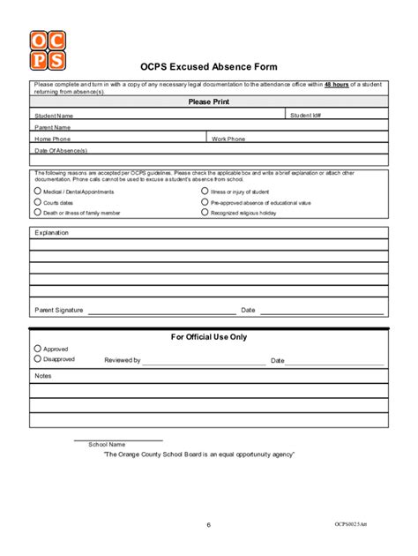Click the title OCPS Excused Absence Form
coord(208,67)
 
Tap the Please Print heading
coord(208,101)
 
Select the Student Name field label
coord(54,116)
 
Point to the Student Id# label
coord(306,115)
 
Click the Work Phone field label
coord(228,139)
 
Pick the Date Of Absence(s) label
coord(61,150)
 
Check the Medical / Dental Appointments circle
coord(37,191)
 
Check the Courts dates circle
coord(37,202)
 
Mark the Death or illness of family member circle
coord(37,213)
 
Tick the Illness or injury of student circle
coord(205,191)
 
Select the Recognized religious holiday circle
coord(205,213)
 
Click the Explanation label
coord(51,233)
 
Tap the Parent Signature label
coord(58,310)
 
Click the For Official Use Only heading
coord(209,336)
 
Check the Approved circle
coord(37,349)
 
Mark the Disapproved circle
coord(37,359)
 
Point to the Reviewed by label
coord(123,360)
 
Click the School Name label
coord(107,444)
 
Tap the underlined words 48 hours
coord(336,84)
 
